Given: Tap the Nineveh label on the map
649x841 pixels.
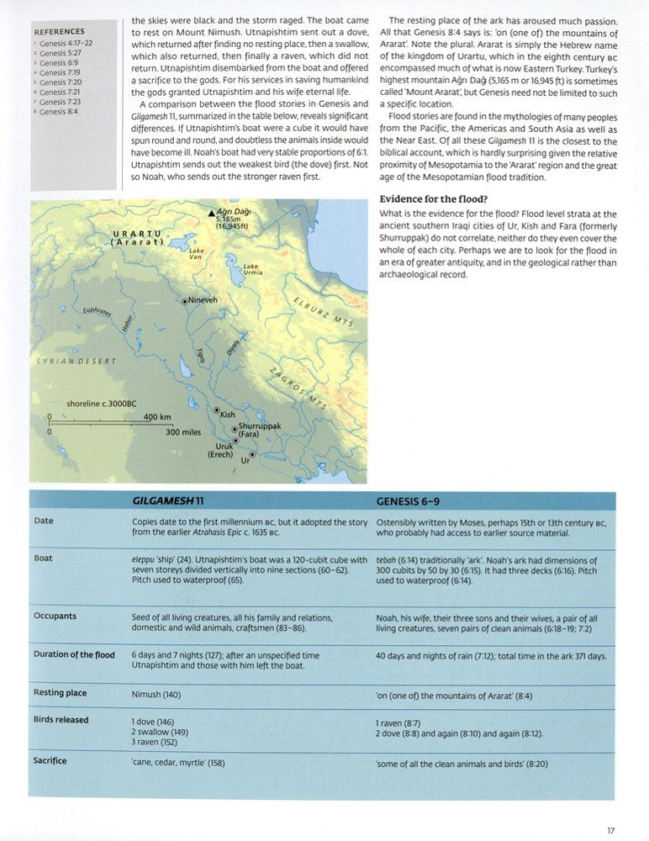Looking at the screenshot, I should [203, 299].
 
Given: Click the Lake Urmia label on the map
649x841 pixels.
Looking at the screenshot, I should [251, 270].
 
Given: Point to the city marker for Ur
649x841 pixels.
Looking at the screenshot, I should [252, 456].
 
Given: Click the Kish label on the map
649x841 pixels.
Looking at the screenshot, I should [227, 415].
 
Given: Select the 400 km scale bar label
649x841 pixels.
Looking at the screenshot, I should [157, 417].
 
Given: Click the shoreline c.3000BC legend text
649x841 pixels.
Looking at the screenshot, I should [101, 404].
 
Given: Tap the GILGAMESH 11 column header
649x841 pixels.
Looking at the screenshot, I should [168, 501].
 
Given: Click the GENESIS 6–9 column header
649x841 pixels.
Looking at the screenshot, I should [407, 501].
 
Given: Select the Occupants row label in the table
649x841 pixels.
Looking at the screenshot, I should [55, 616].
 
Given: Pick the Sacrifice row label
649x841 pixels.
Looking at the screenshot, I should [50, 761].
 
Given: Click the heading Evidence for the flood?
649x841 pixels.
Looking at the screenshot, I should [434, 198].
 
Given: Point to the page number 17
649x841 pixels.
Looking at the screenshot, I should [610, 831].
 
